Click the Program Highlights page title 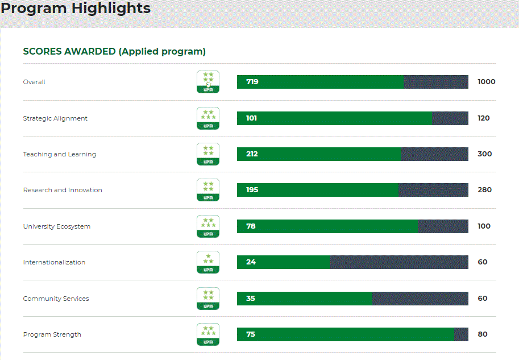point(76,9)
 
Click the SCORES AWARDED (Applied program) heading point(114,51)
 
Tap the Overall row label point(34,82)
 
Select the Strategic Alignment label point(55,118)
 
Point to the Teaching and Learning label point(60,154)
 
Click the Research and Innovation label point(63,190)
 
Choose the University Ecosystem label point(57,226)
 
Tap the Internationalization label point(54,262)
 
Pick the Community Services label point(56,299)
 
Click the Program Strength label point(52,334)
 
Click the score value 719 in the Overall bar point(252,82)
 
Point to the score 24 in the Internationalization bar point(251,262)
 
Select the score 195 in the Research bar point(252,190)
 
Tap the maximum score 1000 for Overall point(487,82)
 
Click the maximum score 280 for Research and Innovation point(484,190)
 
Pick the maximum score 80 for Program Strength point(483,334)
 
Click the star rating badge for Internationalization point(208,262)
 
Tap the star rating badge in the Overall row point(208,82)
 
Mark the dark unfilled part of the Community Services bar point(420,299)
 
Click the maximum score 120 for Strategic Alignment point(484,118)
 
